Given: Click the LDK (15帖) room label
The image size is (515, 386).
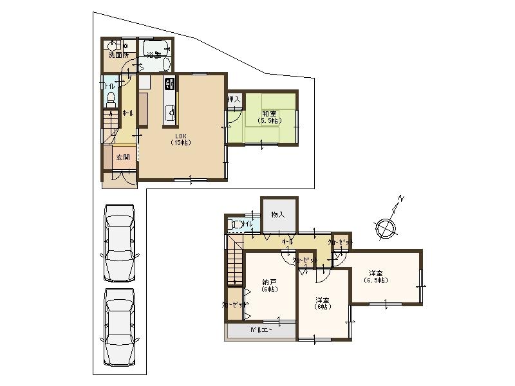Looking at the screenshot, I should point(180,139).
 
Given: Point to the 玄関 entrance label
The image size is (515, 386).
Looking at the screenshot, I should point(122,157).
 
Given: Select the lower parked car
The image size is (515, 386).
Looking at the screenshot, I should point(119,325).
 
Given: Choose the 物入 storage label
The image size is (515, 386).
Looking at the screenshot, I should point(278,214).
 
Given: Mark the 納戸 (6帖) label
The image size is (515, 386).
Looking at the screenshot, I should point(269,286).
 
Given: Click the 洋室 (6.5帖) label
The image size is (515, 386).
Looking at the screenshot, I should point(375,276).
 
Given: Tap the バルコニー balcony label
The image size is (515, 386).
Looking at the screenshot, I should point(261,331).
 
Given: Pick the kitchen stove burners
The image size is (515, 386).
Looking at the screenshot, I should point(170,84).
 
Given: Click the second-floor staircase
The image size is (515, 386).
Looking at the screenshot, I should point(235,261).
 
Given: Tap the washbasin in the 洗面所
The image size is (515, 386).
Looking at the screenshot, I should point(111,46).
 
